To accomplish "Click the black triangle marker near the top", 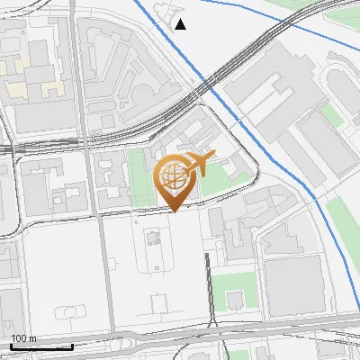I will pos(181,24).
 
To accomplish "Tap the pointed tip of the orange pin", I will pos(174,211).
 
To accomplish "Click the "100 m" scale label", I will pos(23,338).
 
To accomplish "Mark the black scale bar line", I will pos(41,346).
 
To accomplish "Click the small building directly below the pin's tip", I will pos(151,238).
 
